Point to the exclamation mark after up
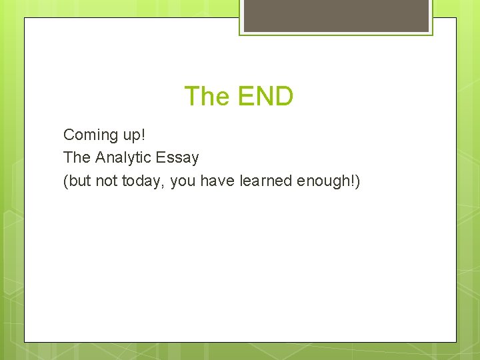[x=142, y=135]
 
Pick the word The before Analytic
[x=77, y=158]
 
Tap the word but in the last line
[x=79, y=181]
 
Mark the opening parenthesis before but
[x=66, y=181]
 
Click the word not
[x=106, y=181]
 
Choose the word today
[x=141, y=182]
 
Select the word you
[x=182, y=183]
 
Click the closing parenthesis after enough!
[x=357, y=181]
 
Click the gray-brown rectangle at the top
[x=336, y=15]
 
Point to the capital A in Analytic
[x=100, y=158]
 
